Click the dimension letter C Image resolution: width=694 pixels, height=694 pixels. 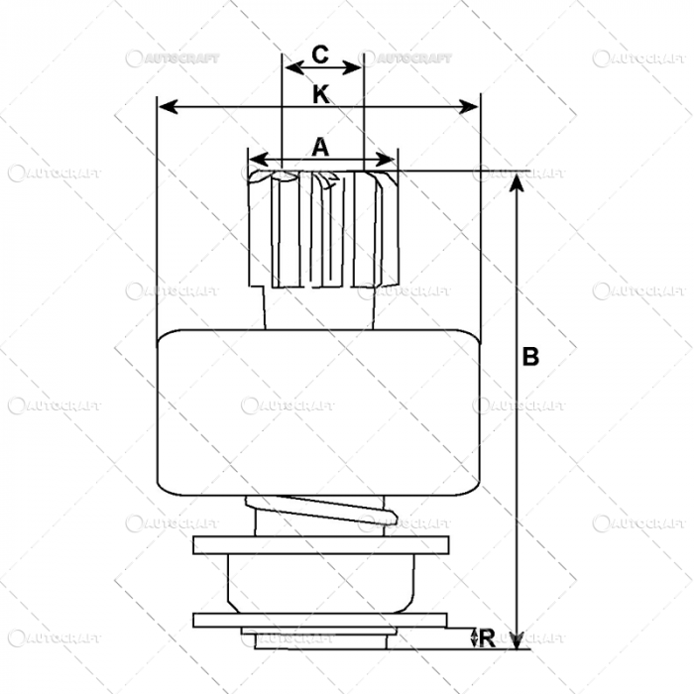click(320, 56)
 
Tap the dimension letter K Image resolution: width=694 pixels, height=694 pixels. click(320, 95)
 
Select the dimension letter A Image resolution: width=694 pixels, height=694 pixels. click(320, 148)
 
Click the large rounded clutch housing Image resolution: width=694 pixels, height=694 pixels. click(318, 410)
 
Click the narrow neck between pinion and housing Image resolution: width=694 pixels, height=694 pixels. click(322, 308)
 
